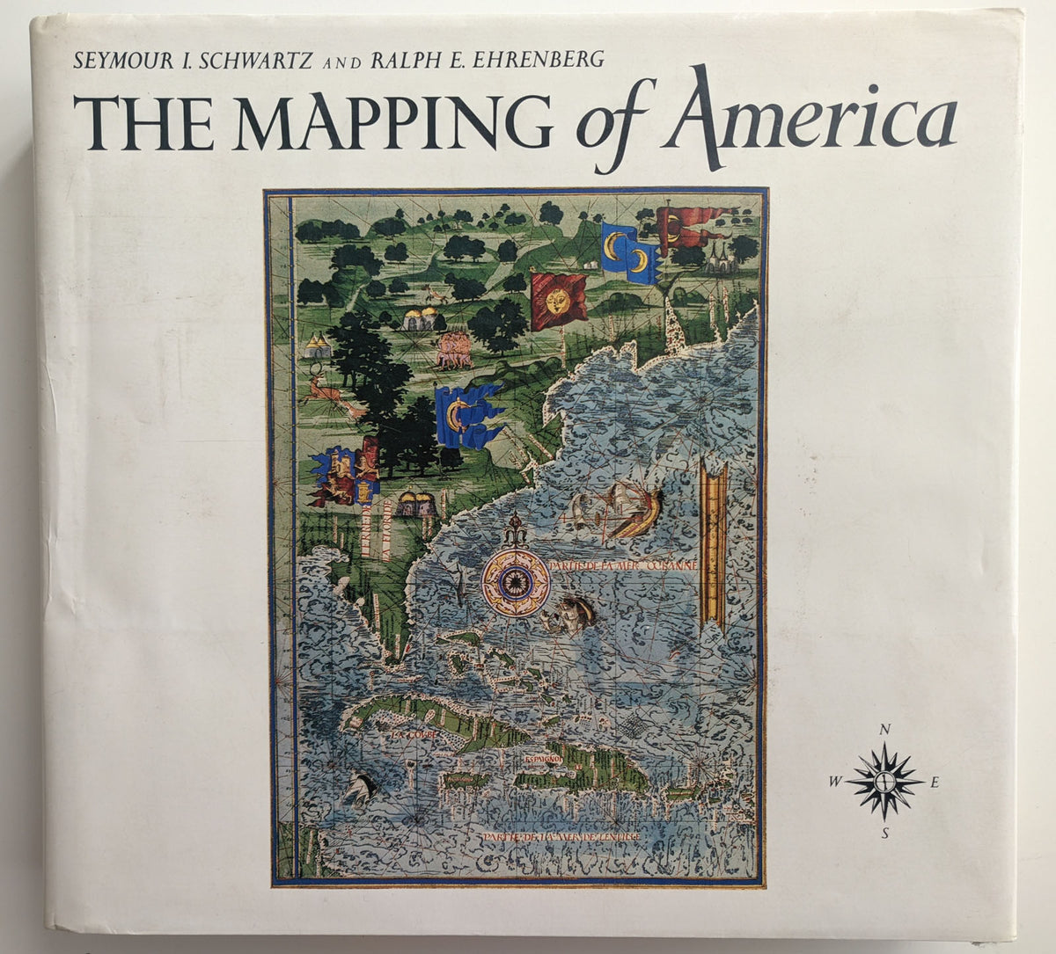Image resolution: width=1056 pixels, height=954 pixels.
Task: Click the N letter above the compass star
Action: click(884, 728)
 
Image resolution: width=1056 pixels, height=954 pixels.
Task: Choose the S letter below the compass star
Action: click(884, 834)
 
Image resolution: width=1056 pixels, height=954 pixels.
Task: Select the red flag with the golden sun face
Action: click(559, 301)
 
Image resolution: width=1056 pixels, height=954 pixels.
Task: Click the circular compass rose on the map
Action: click(515, 582)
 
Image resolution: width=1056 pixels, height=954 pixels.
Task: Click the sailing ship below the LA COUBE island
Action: click(357, 788)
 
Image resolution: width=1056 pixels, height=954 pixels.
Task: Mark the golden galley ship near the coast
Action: click(627, 508)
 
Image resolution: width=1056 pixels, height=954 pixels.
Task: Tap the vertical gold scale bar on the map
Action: click(712, 545)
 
